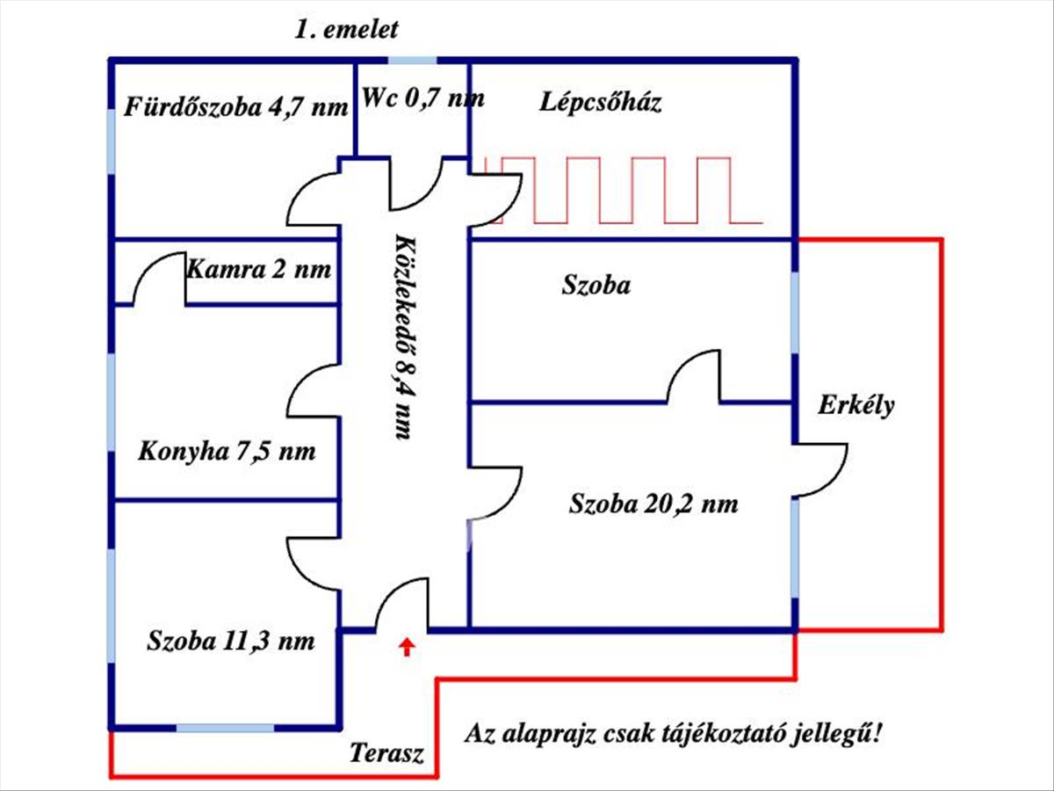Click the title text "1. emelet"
tap(346, 29)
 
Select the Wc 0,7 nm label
tap(423, 98)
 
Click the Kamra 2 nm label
tap(259, 269)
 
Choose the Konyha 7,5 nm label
tap(227, 453)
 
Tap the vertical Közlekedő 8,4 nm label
tap(402, 337)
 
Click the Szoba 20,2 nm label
tap(653, 504)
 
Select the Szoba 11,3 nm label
tap(231, 641)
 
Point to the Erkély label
tap(856, 405)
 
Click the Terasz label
tap(387, 753)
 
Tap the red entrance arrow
tap(406, 648)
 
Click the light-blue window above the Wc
tap(412, 61)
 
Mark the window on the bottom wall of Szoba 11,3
tap(225, 728)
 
